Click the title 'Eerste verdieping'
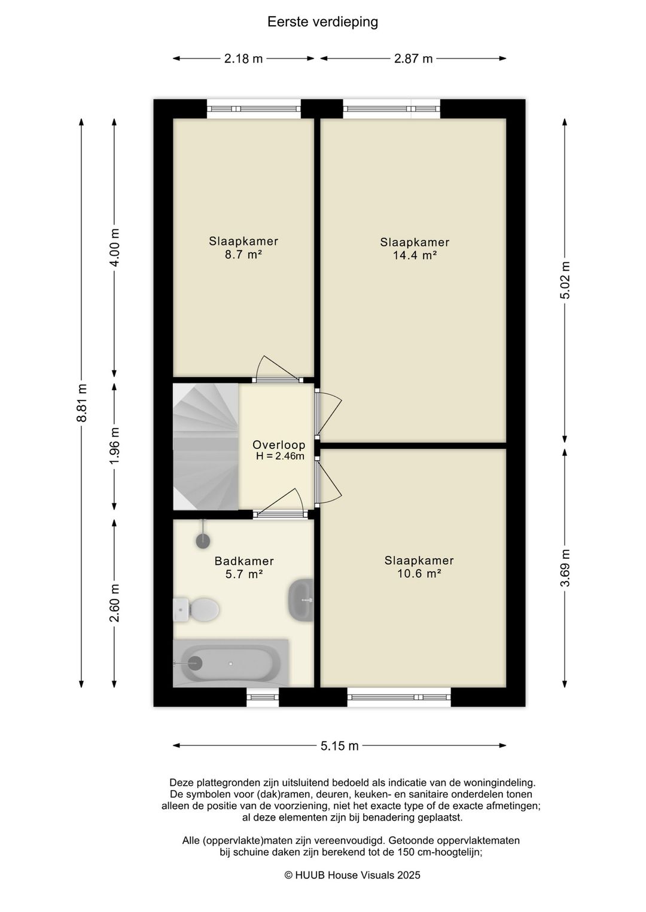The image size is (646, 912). (322, 22)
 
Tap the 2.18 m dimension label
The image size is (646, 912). (243, 59)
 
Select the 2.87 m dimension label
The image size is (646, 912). (413, 59)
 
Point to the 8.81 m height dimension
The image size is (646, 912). (82, 403)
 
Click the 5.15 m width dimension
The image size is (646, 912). (340, 746)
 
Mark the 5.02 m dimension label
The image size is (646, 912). (565, 280)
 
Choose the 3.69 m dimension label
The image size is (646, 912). (565, 568)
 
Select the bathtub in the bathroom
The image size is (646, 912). (231, 663)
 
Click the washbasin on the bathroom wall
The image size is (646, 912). (301, 600)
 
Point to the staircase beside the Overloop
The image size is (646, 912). (206, 446)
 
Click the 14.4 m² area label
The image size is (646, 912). (415, 255)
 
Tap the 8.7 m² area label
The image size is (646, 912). (243, 255)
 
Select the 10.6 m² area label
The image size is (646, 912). (419, 574)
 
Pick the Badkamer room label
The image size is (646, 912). (244, 561)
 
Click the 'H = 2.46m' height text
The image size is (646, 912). (281, 456)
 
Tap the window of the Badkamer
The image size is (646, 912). (263, 697)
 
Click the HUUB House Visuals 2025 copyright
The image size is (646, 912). (352, 876)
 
